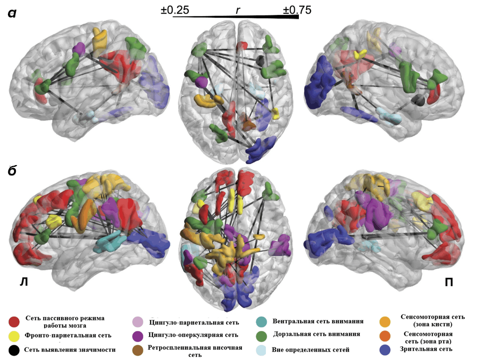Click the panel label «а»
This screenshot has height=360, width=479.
tap(12, 13)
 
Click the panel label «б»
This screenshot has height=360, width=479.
tap(12, 170)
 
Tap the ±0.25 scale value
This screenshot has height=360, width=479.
tap(175, 10)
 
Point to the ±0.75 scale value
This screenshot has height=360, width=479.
tap(297, 10)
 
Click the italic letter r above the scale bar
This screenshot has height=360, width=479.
tap(238, 11)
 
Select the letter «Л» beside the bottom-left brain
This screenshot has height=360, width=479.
tap(24, 282)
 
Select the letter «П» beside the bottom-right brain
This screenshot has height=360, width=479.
tap(449, 282)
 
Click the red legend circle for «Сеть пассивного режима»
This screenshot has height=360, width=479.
tap(14, 321)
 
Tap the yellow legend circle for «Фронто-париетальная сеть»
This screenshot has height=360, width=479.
tap(14, 336)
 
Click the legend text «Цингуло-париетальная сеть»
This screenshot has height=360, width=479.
tap(194, 322)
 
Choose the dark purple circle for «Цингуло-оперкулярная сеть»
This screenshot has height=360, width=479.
tap(138, 336)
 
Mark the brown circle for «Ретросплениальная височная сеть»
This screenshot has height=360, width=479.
tap(138, 350)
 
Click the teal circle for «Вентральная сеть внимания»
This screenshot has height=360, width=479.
tap(262, 321)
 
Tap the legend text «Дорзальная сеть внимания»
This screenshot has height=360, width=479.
tap(316, 334)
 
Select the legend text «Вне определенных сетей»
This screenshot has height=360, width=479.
tap(311, 349)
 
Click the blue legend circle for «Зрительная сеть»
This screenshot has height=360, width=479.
tap(385, 350)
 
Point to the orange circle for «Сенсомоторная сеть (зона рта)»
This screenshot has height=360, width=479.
tap(385, 335)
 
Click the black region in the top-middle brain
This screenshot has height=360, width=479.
tap(260, 60)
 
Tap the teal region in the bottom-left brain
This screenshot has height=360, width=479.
tap(110, 241)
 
